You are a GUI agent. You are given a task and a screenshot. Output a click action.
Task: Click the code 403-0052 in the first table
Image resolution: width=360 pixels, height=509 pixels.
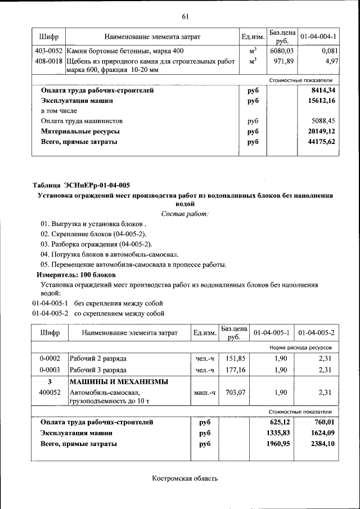pyautogui.click(x=48, y=51)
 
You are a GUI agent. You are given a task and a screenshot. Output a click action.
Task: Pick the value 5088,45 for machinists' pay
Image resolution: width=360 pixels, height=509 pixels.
pyautogui.click(x=323, y=121)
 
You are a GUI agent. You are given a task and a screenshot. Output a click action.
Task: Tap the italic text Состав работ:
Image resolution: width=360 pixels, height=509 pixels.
pyautogui.click(x=184, y=214)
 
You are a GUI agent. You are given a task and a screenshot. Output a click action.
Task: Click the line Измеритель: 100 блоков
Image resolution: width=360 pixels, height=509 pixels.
pyautogui.click(x=76, y=274)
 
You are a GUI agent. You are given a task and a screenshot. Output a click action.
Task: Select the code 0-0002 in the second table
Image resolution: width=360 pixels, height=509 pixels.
pyautogui.click(x=49, y=358)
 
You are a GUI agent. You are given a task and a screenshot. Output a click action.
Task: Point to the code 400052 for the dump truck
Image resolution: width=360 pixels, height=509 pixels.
pyautogui.click(x=49, y=393)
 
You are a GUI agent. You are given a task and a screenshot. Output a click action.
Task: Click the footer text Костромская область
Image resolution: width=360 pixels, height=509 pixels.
pyautogui.click(x=184, y=479)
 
